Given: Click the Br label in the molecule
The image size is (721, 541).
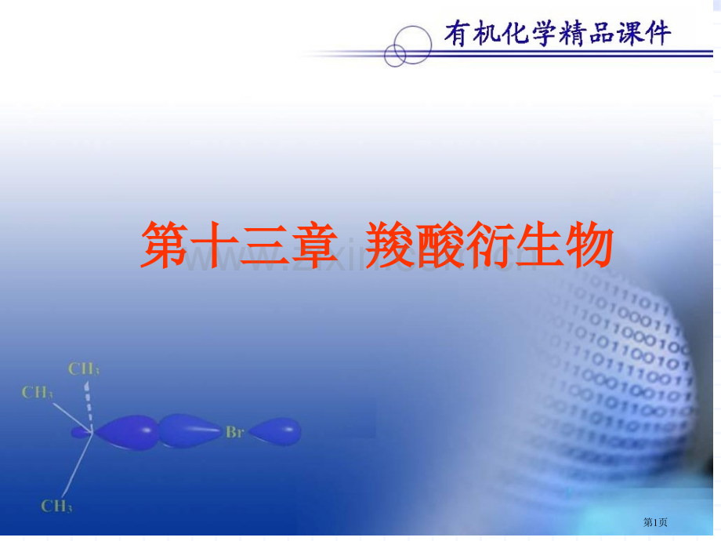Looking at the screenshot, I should tap(234, 432).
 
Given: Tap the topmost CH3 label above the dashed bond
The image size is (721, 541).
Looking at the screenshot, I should tap(84, 369).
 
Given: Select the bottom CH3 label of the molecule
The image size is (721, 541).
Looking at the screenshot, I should tap(58, 507).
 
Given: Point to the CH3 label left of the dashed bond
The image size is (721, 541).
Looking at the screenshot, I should tap(38, 392).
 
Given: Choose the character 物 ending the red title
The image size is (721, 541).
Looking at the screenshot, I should tap(584, 245).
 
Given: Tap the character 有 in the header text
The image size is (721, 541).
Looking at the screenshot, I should tap(458, 34).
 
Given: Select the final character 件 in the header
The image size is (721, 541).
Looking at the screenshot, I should tap(657, 34).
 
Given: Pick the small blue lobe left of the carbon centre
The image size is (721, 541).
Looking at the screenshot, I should tap(80, 431).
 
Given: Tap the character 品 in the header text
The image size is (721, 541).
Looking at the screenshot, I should tap(607, 34).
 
